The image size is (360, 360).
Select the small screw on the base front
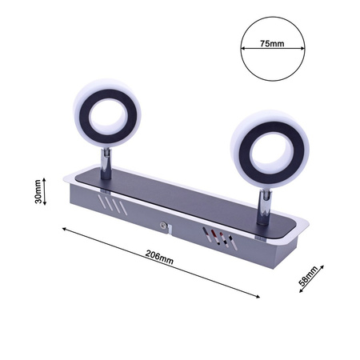pos(164,226)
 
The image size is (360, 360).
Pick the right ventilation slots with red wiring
pos(216,238)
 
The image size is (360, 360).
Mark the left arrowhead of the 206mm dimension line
pos(63,228)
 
